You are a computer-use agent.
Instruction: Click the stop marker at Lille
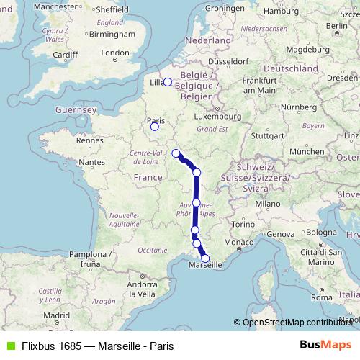point(167,82)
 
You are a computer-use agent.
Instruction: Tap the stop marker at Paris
point(154,127)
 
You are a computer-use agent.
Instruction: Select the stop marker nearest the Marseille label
point(205,258)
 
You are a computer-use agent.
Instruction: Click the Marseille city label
point(205,266)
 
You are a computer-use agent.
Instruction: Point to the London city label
point(115,53)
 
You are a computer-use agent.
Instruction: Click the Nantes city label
point(93,163)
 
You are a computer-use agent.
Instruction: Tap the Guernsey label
point(76,110)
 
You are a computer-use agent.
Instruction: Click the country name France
point(148,177)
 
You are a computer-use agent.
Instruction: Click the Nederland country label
point(208,41)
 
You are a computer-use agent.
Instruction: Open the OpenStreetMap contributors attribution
point(297,323)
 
